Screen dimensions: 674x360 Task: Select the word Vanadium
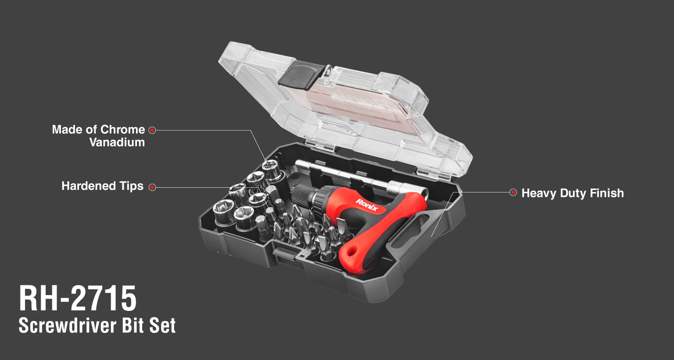pyautogui.click(x=117, y=142)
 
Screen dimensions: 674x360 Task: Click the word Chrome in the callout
pyautogui.click(x=123, y=130)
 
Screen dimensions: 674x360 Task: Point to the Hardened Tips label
pyautogui.click(x=102, y=186)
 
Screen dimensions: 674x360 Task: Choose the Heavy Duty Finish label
pyautogui.click(x=573, y=193)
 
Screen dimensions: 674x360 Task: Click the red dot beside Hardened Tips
pyautogui.click(x=153, y=187)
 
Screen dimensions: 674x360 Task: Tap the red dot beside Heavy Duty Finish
pyautogui.click(x=513, y=192)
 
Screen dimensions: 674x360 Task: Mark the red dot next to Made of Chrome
pyautogui.click(x=152, y=130)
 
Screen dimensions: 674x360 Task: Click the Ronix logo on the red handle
pyautogui.click(x=366, y=205)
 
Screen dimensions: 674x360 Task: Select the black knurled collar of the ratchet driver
pyautogui.click(x=302, y=196)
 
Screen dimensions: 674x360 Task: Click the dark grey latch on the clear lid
pyautogui.click(x=301, y=75)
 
